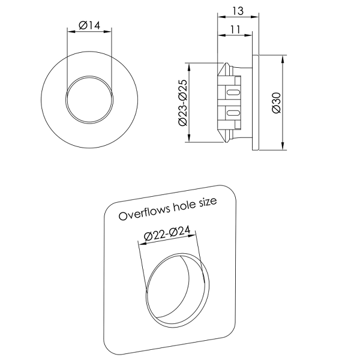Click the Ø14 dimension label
pyautogui.click(x=89, y=25)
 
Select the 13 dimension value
pyautogui.click(x=238, y=11)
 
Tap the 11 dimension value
pyautogui.click(x=235, y=29)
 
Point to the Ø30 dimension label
pyautogui.click(x=277, y=103)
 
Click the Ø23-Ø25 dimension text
pyautogui.click(x=183, y=103)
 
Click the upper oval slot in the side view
pyautogui.click(x=233, y=92)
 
